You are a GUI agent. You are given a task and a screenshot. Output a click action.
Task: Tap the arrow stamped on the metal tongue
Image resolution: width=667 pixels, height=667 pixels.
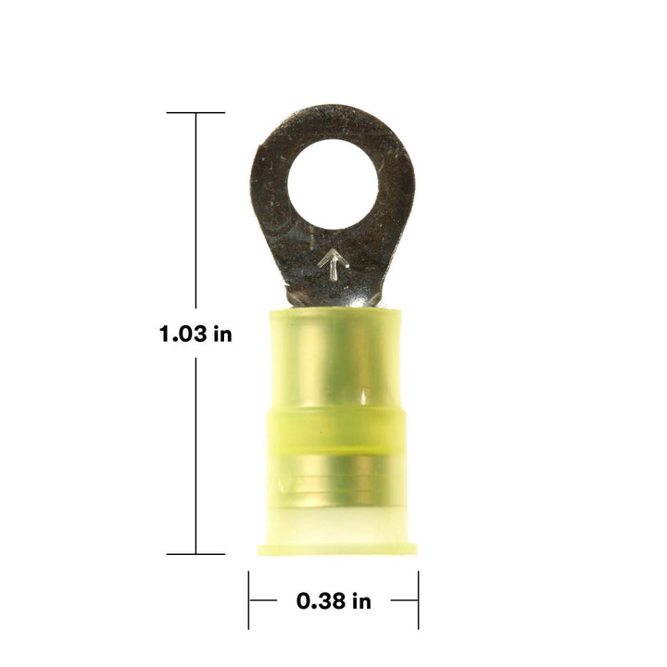pos(333,264)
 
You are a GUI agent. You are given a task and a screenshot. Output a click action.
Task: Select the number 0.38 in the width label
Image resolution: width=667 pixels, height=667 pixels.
pos(322,601)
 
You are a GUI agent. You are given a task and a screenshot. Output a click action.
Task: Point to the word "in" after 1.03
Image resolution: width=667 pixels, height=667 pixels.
pos(222,334)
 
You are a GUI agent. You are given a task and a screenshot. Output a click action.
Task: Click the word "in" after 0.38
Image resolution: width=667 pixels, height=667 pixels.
pos(361,601)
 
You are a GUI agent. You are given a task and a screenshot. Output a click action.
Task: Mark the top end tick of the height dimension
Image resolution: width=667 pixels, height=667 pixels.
pos(195,113)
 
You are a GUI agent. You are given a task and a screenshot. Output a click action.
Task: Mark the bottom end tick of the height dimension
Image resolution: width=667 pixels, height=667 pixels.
pos(195,554)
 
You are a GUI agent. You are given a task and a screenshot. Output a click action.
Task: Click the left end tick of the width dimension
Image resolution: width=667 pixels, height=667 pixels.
pos(249,600)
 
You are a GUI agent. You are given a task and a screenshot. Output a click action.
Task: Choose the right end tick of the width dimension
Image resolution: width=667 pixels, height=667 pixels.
pos(418,600)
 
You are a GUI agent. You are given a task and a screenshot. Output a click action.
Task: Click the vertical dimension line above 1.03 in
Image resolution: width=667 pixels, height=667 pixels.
pos(195,213)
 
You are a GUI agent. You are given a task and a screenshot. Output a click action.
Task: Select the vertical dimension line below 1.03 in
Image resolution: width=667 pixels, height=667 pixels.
pos(195,454)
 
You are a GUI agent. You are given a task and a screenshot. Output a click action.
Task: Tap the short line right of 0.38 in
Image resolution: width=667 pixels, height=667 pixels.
pos(404,600)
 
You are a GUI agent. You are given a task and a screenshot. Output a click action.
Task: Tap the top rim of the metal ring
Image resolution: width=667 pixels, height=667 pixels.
pos(332,117)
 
